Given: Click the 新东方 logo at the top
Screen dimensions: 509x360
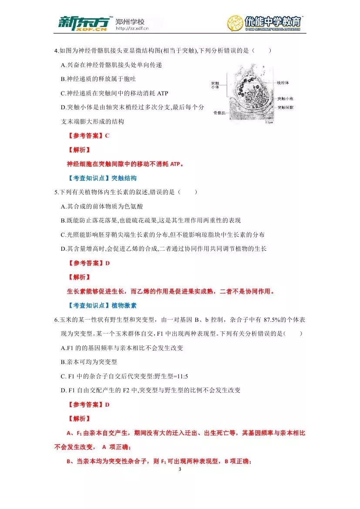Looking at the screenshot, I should point(83,24).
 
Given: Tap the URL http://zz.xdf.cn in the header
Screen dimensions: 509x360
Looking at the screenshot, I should point(132,29).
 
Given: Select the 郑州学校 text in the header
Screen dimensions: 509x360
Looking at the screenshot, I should point(130,21).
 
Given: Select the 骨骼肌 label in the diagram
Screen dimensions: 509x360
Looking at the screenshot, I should point(218,112).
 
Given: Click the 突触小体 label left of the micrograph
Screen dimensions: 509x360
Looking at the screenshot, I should point(215,85).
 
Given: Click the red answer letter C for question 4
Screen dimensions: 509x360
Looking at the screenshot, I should point(107,136).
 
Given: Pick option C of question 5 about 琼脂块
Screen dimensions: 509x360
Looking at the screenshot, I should point(162,235).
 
